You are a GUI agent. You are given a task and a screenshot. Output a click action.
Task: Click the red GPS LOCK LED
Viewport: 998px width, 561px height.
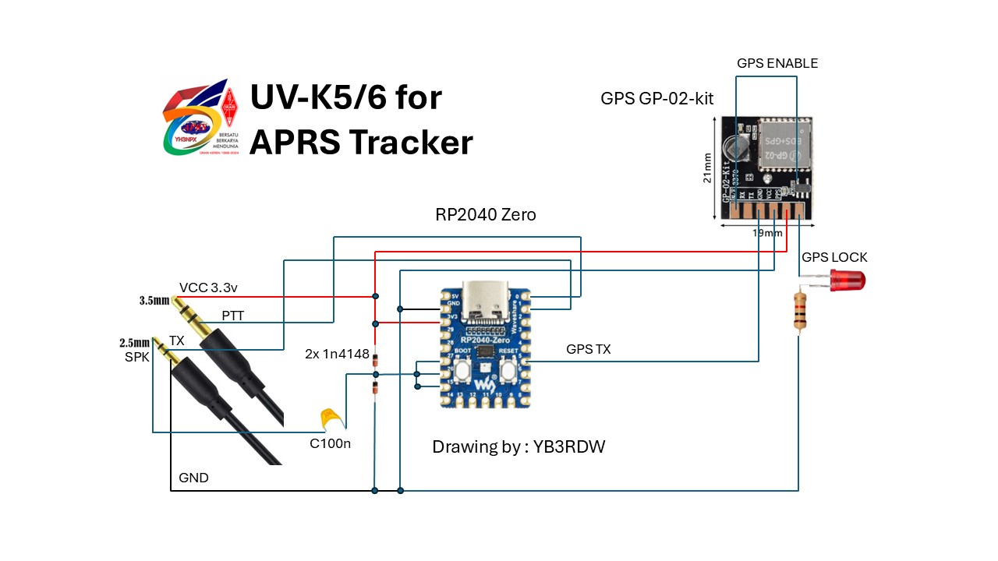click(847, 280)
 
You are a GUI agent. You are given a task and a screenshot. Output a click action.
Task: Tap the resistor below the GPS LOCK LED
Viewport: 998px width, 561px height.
click(799, 309)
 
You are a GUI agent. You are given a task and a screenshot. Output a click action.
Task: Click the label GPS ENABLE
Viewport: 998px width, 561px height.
click(777, 63)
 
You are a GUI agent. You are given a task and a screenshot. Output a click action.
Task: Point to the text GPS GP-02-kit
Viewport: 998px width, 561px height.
click(656, 99)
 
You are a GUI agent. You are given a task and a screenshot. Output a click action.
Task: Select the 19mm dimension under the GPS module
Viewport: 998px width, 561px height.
click(767, 233)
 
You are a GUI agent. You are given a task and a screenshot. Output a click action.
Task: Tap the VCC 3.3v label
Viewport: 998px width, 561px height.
click(208, 288)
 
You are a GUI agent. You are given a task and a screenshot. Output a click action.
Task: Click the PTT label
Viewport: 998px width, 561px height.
click(232, 316)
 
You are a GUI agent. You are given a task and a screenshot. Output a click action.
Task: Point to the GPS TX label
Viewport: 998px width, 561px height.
click(589, 350)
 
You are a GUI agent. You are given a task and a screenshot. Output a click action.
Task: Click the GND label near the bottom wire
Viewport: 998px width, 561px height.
click(193, 478)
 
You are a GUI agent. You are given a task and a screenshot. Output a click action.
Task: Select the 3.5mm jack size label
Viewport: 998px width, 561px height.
click(154, 300)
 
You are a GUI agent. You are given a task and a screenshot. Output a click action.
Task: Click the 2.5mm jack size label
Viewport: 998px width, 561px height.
click(134, 342)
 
